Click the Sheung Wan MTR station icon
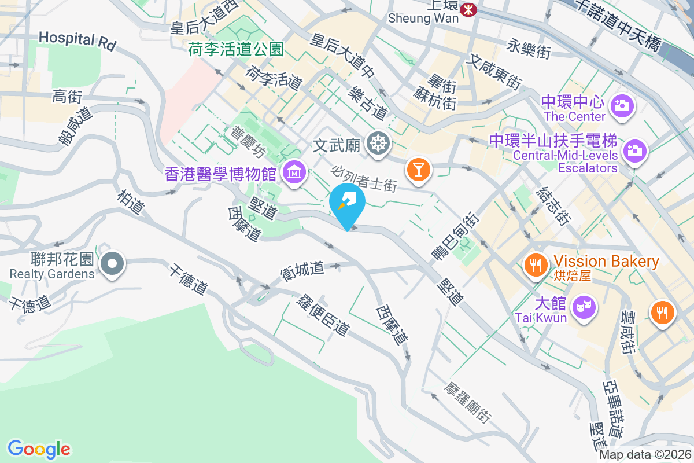tap(468, 9)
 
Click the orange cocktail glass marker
tap(418, 169)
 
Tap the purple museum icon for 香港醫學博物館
tap(294, 172)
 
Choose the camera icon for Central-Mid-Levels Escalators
tap(634, 151)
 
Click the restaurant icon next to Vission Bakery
tap(535, 265)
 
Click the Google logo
tap(39, 449)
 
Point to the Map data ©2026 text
tap(645, 455)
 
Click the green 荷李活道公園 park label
tap(235, 50)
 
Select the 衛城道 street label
tap(301, 271)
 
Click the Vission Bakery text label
tap(607, 262)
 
